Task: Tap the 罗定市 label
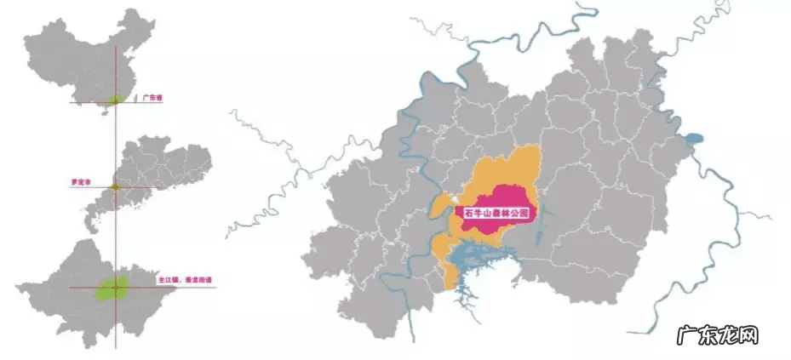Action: pyautogui.click(x=82, y=182)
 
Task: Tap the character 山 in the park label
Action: pyautogui.click(x=485, y=214)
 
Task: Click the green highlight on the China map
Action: pyautogui.click(x=114, y=100)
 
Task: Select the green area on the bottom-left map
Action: pyautogui.click(x=112, y=288)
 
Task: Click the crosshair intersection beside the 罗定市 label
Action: pyautogui.click(x=116, y=187)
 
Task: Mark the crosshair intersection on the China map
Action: pyautogui.click(x=116, y=102)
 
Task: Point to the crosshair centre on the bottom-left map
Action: pyautogui.click(x=116, y=288)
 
